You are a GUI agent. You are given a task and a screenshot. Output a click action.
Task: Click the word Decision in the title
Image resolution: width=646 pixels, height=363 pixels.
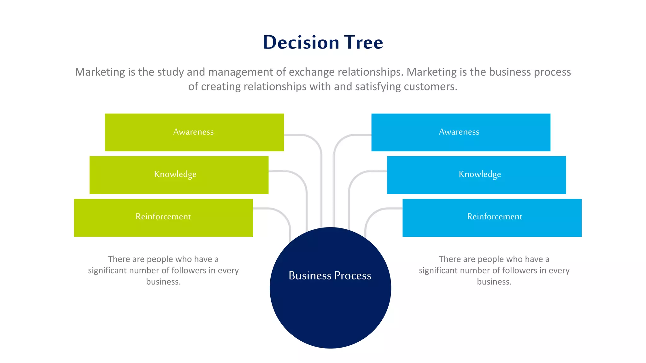pos(301,43)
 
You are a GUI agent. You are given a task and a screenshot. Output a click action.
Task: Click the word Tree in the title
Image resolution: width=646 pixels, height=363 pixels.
pos(363,43)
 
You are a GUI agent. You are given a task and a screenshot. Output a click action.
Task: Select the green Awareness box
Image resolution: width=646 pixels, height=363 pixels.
pos(194,132)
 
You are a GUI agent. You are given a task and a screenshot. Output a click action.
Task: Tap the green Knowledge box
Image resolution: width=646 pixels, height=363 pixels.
pos(179,175)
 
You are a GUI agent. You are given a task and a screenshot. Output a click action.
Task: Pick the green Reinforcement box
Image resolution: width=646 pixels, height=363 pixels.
pos(163,217)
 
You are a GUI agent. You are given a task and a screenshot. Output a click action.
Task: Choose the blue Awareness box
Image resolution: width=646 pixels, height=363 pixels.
pos(461,132)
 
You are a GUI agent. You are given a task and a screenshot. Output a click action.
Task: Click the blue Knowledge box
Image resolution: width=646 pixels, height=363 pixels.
pos(476,175)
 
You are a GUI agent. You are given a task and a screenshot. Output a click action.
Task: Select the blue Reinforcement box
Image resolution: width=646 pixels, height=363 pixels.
pos(492,217)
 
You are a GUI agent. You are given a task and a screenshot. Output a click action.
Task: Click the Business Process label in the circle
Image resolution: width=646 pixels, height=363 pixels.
pos(330,276)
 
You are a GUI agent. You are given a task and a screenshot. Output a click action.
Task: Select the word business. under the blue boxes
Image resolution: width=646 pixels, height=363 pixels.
pos(494,282)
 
